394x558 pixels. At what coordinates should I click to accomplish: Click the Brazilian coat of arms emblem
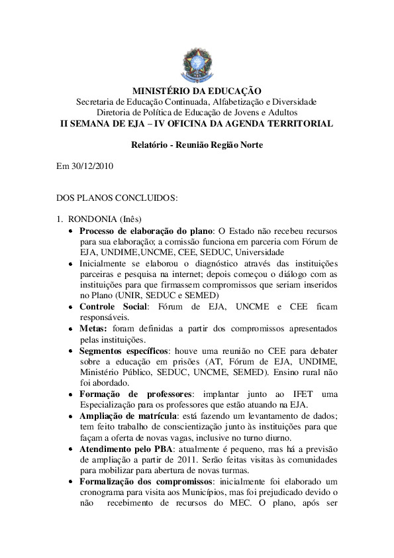coord(197,65)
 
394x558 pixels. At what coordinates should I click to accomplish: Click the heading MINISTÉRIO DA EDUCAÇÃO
coord(197,91)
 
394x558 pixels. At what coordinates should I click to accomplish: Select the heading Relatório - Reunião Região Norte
coord(197,144)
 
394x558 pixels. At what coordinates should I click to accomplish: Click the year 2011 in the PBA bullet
coord(185,459)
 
